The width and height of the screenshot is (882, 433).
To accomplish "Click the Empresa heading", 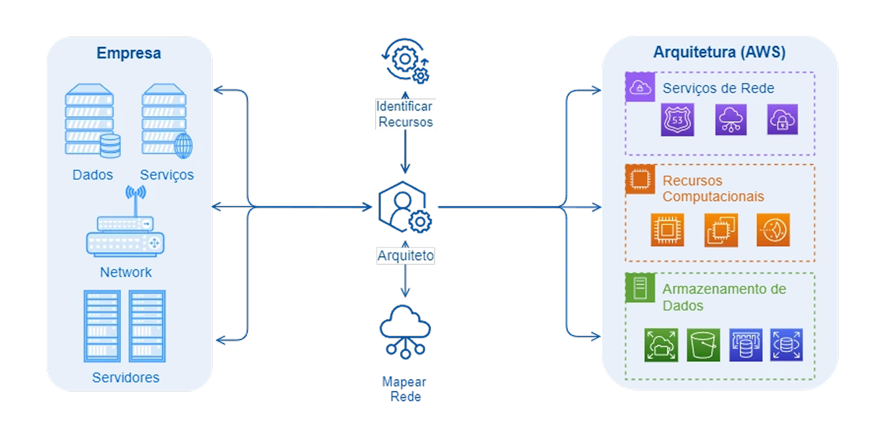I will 128,53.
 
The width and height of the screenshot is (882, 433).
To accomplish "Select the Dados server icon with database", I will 93,119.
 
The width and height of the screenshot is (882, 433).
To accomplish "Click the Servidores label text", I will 126,378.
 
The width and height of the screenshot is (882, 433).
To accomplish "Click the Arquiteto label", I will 405,256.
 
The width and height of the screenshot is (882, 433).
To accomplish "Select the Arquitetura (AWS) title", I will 719,53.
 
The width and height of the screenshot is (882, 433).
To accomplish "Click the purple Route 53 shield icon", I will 677,120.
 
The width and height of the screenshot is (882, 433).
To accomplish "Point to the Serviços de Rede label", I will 718,88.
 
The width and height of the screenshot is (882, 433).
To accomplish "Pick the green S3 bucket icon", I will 704,345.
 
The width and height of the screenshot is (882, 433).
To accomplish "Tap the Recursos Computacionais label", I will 713,189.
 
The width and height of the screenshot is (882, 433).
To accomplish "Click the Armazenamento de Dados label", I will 724,297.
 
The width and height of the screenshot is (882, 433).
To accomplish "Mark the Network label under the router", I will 126,272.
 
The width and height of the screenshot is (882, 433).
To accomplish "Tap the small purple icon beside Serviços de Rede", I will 639,88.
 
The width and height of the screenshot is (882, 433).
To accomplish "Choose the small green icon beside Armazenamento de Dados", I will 639,288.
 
